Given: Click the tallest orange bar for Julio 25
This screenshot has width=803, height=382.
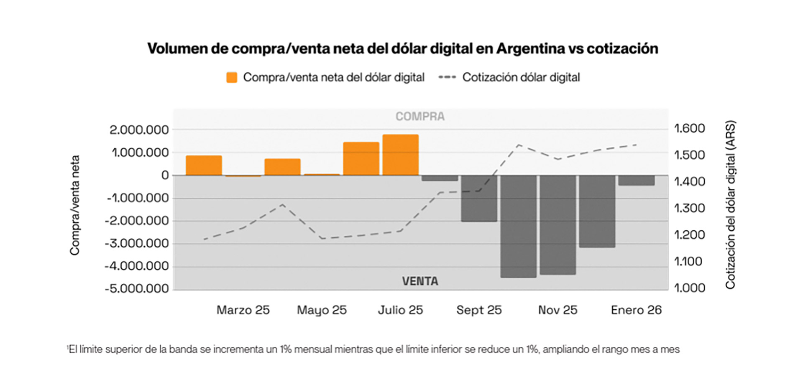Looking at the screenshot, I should (x=400, y=155).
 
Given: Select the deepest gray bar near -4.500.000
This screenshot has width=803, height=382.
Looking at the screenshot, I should (x=518, y=226).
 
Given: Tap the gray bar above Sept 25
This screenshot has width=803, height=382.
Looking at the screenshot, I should (x=479, y=198).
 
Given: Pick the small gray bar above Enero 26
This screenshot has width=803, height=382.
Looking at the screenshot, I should (x=636, y=180).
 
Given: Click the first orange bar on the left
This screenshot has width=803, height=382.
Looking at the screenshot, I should (x=204, y=165).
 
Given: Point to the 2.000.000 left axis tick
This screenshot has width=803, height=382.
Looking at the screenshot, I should (x=139, y=130).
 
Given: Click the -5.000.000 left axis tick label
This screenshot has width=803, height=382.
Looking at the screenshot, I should (x=136, y=289).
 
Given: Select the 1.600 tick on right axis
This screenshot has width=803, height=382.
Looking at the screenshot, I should (x=689, y=128).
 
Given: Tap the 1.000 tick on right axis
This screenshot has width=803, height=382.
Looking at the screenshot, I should (x=689, y=288).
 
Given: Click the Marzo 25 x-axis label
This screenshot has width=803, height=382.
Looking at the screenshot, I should (x=243, y=310).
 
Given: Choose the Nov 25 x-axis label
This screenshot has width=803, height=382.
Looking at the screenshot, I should (x=557, y=310).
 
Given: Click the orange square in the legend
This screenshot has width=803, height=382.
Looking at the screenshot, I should (x=232, y=77).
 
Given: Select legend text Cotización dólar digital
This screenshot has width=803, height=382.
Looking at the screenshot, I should (x=521, y=77).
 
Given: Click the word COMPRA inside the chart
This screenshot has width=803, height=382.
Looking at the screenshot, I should (x=420, y=116).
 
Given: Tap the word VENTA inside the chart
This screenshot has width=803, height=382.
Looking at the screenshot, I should (x=420, y=281).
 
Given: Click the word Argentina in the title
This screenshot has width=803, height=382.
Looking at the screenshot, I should (x=530, y=48).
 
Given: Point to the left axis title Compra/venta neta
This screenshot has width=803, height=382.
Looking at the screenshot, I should (x=74, y=205).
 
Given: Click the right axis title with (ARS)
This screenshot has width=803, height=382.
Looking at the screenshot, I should (x=730, y=205).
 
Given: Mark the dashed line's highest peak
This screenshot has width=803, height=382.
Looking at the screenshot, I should (x=519, y=145).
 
